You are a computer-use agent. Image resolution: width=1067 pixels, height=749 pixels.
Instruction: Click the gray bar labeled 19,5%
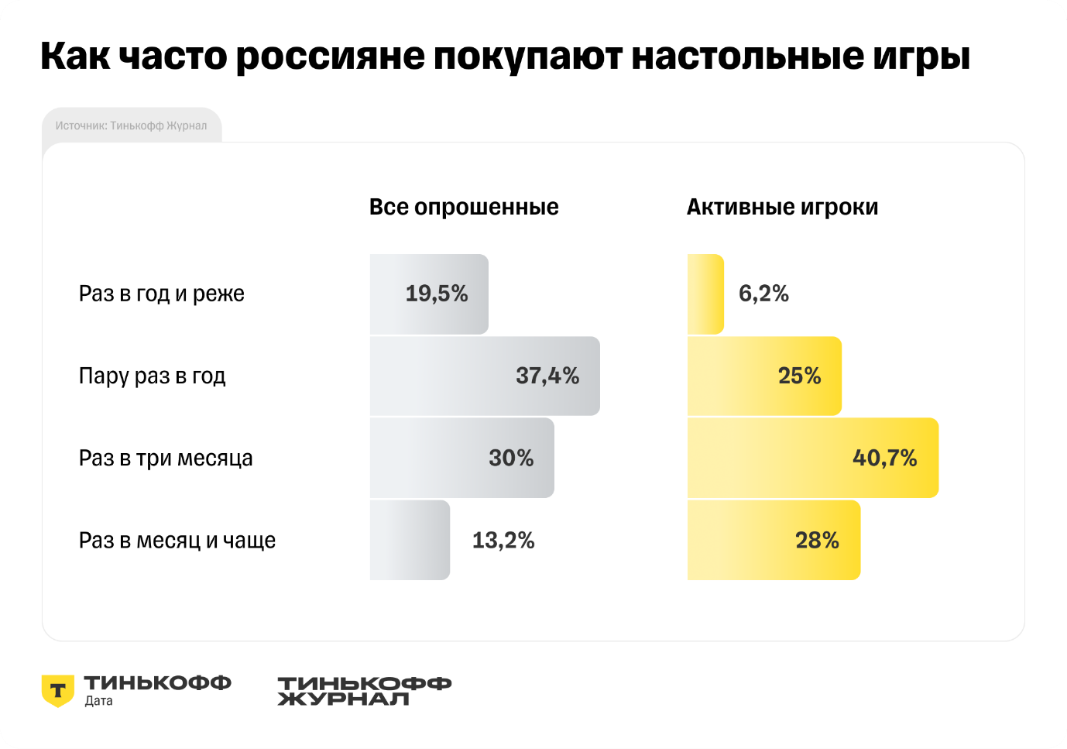429,294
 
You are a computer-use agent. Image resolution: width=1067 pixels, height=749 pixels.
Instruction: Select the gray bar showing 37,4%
485,376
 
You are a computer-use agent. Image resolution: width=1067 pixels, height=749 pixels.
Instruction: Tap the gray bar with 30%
462,458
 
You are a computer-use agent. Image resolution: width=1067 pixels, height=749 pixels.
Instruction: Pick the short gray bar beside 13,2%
410,540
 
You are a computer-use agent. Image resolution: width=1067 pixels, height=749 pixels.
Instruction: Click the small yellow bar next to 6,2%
705,294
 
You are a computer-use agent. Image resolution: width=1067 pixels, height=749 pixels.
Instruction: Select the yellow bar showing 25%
764,376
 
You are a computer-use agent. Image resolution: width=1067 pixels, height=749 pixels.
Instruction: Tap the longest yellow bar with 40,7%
813,458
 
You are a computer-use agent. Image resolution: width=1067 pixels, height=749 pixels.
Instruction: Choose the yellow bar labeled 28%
774,540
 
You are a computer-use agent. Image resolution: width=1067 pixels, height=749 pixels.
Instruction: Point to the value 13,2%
503,541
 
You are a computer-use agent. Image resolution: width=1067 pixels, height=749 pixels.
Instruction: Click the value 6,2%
763,293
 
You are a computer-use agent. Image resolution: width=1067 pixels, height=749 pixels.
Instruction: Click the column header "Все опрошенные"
464,208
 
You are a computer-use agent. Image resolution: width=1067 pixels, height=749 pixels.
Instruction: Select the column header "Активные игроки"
782,208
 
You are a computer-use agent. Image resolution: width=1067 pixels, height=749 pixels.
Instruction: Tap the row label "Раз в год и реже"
162,294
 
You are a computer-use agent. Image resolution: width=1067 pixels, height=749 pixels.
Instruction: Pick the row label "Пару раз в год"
152,376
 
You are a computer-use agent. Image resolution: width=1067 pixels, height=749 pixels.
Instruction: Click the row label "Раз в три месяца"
166,459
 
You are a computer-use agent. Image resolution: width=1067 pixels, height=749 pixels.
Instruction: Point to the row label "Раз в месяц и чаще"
177,541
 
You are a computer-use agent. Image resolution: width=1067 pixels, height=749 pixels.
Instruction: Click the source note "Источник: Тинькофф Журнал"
131,125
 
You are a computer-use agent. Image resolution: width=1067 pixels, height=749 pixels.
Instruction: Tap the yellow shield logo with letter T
57,691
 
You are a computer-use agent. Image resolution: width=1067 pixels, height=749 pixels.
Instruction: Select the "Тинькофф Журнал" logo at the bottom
365,691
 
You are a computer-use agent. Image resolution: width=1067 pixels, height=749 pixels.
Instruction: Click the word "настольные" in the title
748,56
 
